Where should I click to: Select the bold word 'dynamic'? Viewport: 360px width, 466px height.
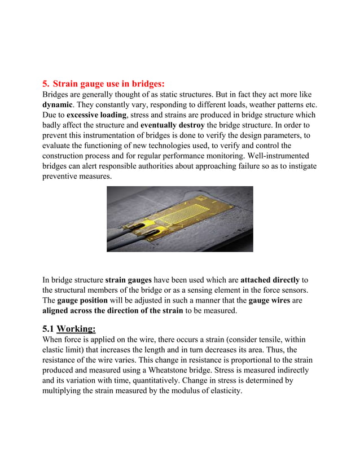point(58,105)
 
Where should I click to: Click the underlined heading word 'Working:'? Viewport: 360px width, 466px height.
point(76,329)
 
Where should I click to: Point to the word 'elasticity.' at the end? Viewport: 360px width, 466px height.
point(222,390)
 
